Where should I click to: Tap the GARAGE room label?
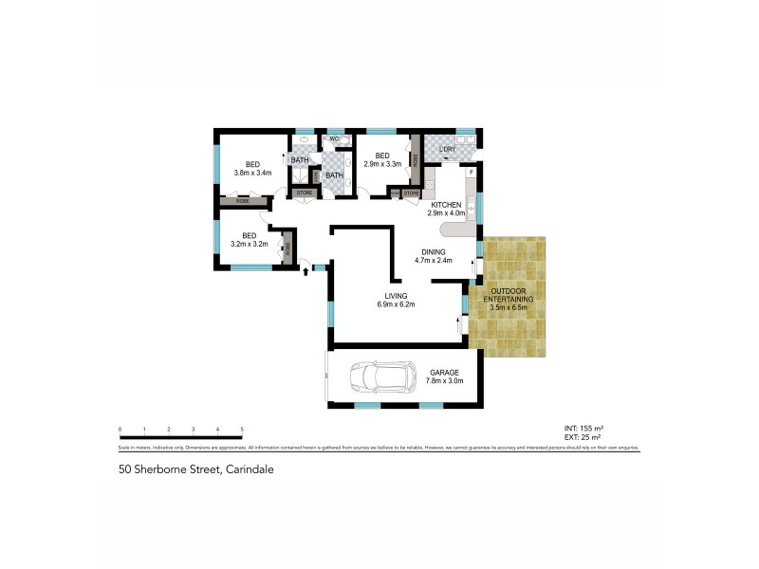click(x=445, y=372)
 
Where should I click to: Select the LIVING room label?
click(x=397, y=296)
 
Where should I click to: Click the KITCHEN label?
click(x=446, y=205)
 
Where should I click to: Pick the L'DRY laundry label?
click(x=448, y=149)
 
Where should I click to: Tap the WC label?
click(x=335, y=140)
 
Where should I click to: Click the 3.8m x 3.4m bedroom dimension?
click(x=252, y=173)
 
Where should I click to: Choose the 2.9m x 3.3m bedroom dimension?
click(x=382, y=164)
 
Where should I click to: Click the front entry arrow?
click(x=305, y=272)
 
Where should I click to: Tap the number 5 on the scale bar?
click(x=243, y=430)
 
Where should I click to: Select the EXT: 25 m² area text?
click(x=583, y=437)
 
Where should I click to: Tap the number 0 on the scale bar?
click(x=120, y=430)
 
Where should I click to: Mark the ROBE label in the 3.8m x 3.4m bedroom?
click(x=244, y=201)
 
